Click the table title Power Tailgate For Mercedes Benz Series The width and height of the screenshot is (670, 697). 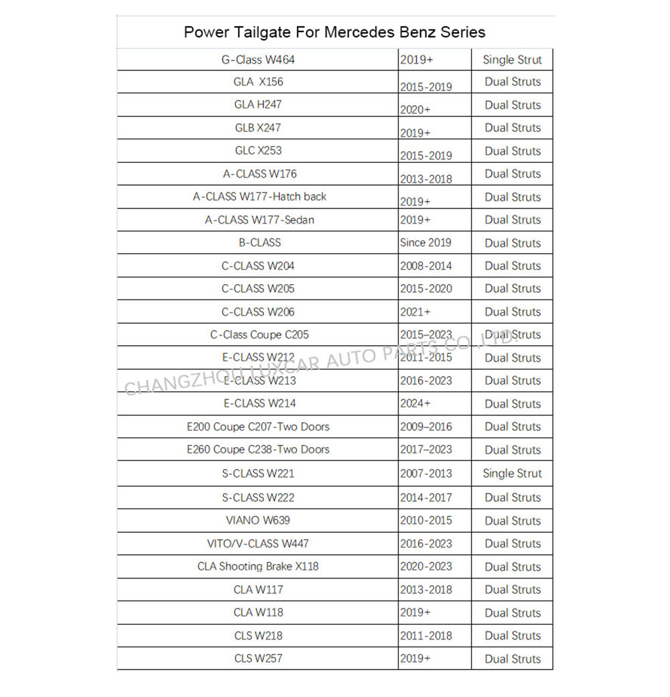[x=334, y=31]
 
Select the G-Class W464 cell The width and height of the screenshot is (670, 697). [x=258, y=60]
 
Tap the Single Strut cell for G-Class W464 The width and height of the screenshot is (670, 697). [x=512, y=60]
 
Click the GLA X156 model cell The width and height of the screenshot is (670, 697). [x=258, y=82]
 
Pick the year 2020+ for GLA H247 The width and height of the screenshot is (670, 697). [x=415, y=109]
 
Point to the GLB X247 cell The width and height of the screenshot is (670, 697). [x=258, y=127]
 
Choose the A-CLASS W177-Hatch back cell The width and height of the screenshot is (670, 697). [x=259, y=196]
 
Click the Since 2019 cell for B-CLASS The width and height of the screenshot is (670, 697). [x=425, y=243]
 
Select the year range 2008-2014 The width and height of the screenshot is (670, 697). [x=425, y=265]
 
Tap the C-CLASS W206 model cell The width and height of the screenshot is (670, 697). [x=258, y=312]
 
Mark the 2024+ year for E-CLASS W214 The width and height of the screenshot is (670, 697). [x=415, y=403]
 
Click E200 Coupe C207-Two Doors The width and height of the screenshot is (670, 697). [x=258, y=426]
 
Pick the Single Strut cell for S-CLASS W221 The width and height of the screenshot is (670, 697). [x=512, y=473]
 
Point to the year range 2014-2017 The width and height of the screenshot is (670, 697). [x=425, y=497]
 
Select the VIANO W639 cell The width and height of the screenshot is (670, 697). [x=258, y=520]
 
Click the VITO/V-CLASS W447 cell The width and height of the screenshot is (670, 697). [x=258, y=543]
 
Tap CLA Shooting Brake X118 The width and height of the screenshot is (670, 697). [x=258, y=566]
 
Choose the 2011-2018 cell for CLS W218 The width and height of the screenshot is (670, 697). [x=425, y=635]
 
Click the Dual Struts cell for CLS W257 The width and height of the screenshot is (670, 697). [x=512, y=659]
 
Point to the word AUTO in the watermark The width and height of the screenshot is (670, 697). [x=351, y=359]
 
